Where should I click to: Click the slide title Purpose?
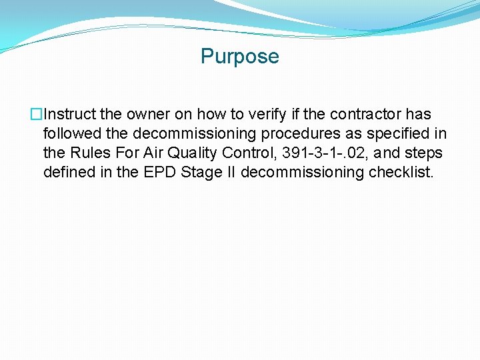click(x=239, y=57)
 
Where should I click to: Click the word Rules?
click(x=89, y=153)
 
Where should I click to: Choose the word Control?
click(x=250, y=153)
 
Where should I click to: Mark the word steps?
click(x=424, y=153)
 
